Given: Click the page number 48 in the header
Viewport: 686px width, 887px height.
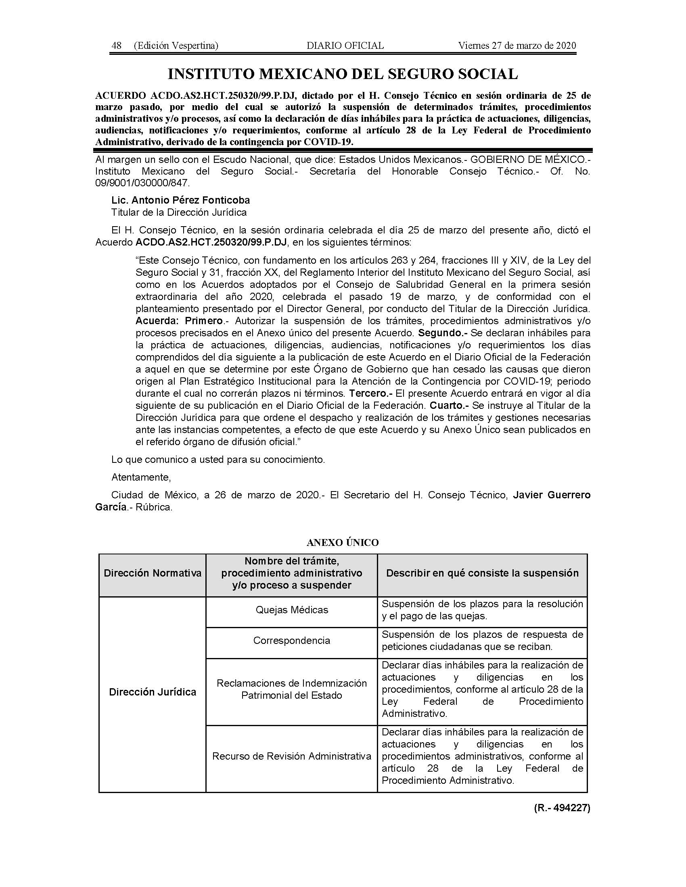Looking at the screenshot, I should pyautogui.click(x=117, y=46).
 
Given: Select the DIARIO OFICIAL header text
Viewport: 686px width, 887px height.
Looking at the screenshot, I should pyautogui.click(x=345, y=46).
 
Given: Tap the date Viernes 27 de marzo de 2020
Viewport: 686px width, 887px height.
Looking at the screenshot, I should pyautogui.click(x=517, y=46).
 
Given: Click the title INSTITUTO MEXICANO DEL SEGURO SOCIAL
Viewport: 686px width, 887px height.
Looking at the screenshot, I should pyautogui.click(x=343, y=74).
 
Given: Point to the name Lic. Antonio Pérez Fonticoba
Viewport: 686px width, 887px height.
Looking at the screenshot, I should pyautogui.click(x=181, y=200).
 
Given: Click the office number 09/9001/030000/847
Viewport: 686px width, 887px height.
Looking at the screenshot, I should pyautogui.click(x=142, y=183).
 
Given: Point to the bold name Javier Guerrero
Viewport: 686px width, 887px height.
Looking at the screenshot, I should pyautogui.click(x=552, y=495).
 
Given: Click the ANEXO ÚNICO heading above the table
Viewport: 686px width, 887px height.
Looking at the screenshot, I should pyautogui.click(x=343, y=543).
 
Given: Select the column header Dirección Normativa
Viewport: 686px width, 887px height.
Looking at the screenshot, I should pyautogui.click(x=153, y=573).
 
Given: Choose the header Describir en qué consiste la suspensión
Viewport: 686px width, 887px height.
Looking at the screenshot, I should pyautogui.click(x=482, y=573).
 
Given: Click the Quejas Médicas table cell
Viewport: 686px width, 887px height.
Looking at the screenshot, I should pyautogui.click(x=292, y=610).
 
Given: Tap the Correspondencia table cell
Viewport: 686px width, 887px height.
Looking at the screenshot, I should pyautogui.click(x=292, y=641).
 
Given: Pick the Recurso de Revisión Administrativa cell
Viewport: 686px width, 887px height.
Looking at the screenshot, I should pyautogui.click(x=292, y=756).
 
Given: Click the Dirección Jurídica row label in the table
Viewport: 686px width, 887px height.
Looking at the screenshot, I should pyautogui.click(x=153, y=692).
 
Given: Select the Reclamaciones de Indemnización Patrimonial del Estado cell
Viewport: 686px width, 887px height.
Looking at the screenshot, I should pyautogui.click(x=292, y=689).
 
